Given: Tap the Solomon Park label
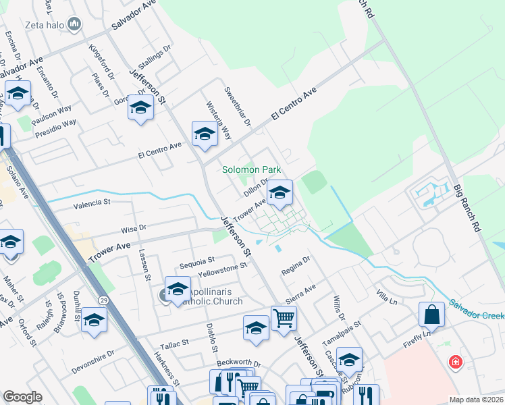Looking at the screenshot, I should click(251, 169).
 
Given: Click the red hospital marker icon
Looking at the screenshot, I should click(456, 362).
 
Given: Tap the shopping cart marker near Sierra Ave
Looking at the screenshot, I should click(284, 318).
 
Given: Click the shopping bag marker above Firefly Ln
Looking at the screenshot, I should click(431, 315).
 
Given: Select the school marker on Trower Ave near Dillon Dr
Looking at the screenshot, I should click(280, 194).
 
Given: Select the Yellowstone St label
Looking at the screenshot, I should click(223, 271).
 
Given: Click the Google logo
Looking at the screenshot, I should click(22, 397).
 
